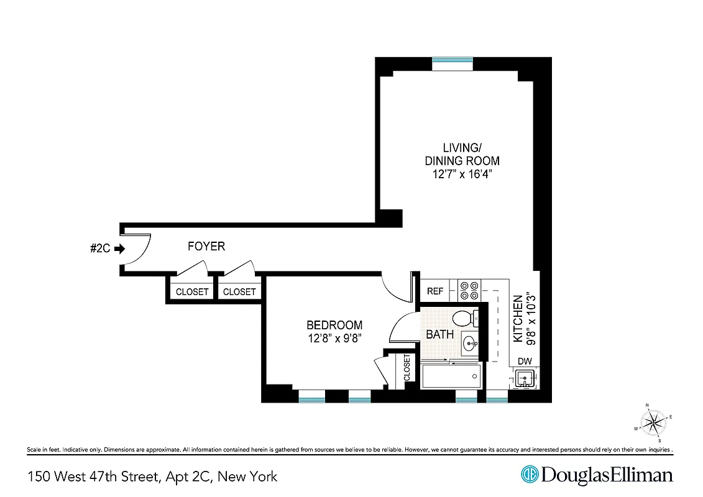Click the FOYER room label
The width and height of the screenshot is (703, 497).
click(206, 247)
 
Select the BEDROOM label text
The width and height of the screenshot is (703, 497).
click(334, 325)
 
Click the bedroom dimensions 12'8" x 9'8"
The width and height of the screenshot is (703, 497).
click(334, 338)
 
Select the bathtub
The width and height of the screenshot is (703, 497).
click(451, 376)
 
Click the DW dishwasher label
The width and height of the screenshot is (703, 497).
click(525, 361)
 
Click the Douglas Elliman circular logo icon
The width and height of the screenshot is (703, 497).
click(529, 475)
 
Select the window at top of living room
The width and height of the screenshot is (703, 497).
click(453, 60)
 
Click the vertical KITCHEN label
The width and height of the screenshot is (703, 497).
click(518, 319)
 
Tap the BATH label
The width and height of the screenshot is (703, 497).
click(439, 334)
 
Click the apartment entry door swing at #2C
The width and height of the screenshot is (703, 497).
click(138, 250)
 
